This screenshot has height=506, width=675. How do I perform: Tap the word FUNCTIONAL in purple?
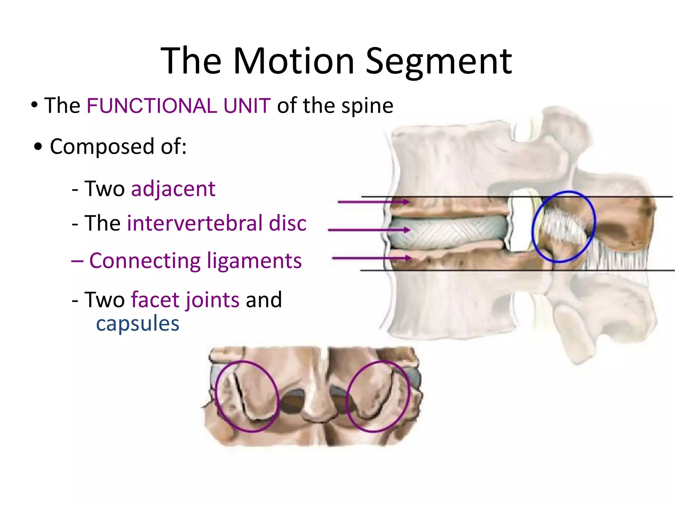pyautogui.click(x=152, y=106)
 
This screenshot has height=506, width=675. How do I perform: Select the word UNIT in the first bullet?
pyautogui.click(x=247, y=106)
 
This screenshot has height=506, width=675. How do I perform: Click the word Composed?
pyautogui.click(x=102, y=147)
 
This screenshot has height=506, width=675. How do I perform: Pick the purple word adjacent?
pyautogui.click(x=173, y=189)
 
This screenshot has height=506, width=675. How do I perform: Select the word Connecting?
pyautogui.click(x=145, y=261)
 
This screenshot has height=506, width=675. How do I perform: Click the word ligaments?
pyautogui.click(x=254, y=261)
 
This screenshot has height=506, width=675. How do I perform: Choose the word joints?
pyautogui.click(x=212, y=300)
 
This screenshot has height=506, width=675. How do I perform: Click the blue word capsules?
pyautogui.click(x=138, y=323)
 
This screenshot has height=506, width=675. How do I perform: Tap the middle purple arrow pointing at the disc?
pyautogui.click(x=369, y=230)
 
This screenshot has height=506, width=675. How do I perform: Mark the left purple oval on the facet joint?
pyautogui.click(x=216, y=395)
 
